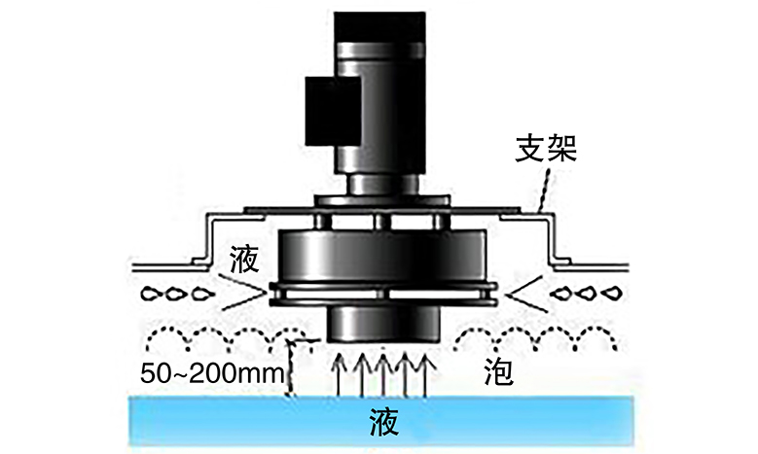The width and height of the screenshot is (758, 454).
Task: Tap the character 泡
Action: [x=497, y=372]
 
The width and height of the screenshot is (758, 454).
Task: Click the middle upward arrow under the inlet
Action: [x=383, y=374]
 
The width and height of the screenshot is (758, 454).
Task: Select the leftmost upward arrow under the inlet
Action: [x=339, y=374]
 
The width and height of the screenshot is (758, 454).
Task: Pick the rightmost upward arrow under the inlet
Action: [x=428, y=374]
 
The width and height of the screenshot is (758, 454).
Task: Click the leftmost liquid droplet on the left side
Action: [x=152, y=293]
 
